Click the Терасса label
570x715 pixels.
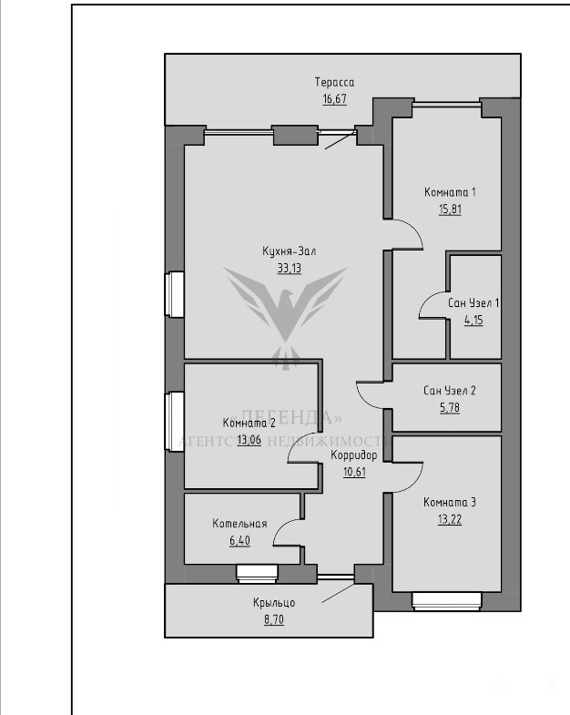click(334, 83)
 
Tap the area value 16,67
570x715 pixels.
click(334, 99)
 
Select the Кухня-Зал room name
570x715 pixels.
click(290, 251)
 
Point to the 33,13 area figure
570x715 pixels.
click(290, 268)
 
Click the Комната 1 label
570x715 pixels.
click(450, 192)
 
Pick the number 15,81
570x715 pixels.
click(450, 209)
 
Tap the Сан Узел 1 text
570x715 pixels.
click(473, 303)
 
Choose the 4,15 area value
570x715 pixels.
click(473, 320)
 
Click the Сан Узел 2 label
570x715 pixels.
click(450, 391)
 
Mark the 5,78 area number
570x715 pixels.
click(450, 408)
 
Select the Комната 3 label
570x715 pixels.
click(450, 503)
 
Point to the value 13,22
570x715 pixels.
click(450, 519)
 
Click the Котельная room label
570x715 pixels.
click(239, 524)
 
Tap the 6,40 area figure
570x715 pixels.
click(239, 541)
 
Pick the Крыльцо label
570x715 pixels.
click(274, 603)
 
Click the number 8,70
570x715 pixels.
click(274, 619)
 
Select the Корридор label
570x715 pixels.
click(354, 455)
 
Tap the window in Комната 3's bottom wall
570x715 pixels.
click(447, 601)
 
